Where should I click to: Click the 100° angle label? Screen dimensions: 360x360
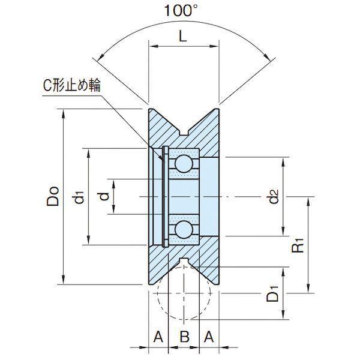pyautogui.click(x=181, y=11)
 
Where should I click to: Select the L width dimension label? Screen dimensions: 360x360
pyautogui.click(x=183, y=36)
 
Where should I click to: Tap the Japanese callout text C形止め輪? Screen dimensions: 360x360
pyautogui.click(x=72, y=86)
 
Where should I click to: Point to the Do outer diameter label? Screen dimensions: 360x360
pyautogui.click(x=53, y=196)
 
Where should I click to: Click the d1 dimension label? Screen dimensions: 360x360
pyautogui.click(x=79, y=197)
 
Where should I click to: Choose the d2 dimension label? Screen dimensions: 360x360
pyautogui.click(x=274, y=196)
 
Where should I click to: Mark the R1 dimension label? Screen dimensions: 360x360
pyautogui.click(x=298, y=245)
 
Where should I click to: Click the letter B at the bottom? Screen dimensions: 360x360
pyautogui.click(x=185, y=337)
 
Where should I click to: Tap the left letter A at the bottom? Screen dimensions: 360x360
pyautogui.click(x=158, y=337)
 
